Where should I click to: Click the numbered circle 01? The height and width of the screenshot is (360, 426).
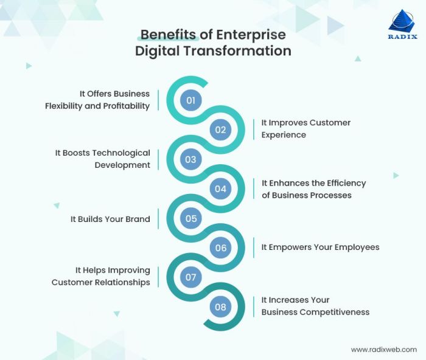tap(190, 100)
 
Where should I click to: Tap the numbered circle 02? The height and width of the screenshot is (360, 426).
tap(220, 130)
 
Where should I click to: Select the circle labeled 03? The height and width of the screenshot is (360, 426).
tap(190, 159)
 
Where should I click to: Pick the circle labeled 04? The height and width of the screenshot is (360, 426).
tap(220, 189)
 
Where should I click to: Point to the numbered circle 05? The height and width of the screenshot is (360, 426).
tap(190, 218)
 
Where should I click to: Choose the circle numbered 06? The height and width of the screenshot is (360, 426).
tap(220, 247)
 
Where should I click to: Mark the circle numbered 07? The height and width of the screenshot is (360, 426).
tap(190, 277)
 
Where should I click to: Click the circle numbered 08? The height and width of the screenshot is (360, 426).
tap(220, 306)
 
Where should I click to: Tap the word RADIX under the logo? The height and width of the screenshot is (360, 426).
tap(402, 36)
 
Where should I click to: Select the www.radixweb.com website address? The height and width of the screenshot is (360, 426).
tap(384, 350)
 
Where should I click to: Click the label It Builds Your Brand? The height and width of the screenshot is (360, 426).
tap(110, 219)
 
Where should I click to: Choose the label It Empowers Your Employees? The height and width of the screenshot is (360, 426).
tap(320, 247)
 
